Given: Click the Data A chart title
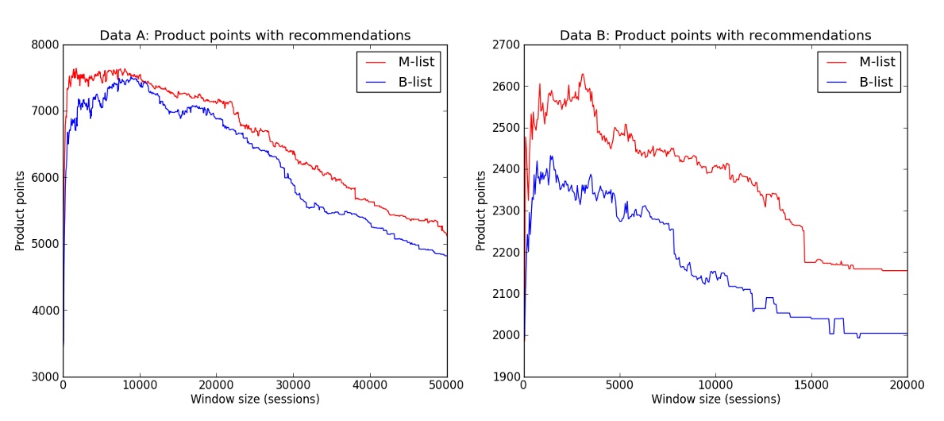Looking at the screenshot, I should tap(255, 36).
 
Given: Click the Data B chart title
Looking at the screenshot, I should tap(715, 36).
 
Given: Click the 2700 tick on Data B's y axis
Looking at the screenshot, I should tap(504, 45).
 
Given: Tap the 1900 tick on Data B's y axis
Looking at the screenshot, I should tap(504, 377).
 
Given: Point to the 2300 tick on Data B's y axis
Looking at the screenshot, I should tap(504, 211).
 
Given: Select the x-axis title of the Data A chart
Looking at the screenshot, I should tap(255, 400).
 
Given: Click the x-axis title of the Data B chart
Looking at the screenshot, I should tap(715, 400).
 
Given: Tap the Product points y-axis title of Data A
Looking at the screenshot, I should tap(20, 210).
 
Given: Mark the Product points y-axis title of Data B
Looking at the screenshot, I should tap(481, 210).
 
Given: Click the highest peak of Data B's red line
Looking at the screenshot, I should tap(582, 75).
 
